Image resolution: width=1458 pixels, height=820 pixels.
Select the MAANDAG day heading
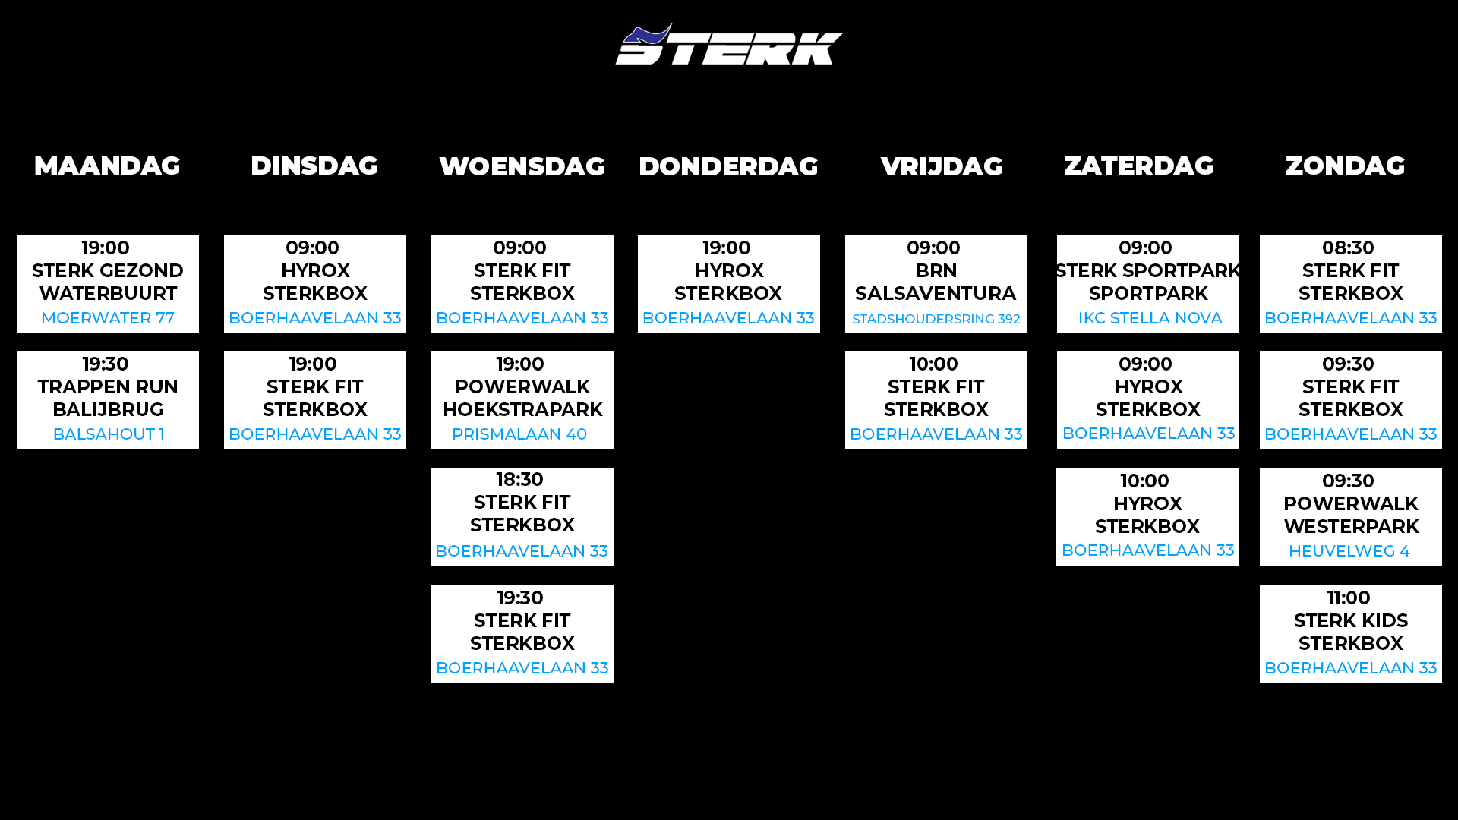(107, 166)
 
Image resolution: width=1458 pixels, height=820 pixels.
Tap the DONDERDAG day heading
(728, 166)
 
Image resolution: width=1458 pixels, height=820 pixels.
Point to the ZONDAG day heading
(1345, 166)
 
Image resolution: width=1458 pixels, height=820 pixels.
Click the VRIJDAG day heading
(942, 166)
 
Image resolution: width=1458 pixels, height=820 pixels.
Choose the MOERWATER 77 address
(108, 318)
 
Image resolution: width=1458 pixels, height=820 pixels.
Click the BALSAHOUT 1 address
(109, 434)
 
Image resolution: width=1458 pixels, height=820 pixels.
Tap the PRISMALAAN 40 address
(519, 434)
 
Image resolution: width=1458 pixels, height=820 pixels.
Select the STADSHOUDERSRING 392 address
(936, 319)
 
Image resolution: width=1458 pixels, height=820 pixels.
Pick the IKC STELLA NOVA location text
(1150, 318)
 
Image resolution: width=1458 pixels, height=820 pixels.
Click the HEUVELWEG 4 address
(1349, 551)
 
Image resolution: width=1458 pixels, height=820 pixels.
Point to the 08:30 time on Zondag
(1348, 248)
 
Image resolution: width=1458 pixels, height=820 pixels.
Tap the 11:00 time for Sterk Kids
(1349, 598)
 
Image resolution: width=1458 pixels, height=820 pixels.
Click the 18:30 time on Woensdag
(520, 480)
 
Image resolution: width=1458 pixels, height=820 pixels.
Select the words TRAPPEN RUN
(108, 386)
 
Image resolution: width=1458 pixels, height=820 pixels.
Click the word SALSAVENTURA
(936, 293)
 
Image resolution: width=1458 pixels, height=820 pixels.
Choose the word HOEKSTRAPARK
(522, 409)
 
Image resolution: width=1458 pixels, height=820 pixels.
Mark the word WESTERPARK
(1351, 526)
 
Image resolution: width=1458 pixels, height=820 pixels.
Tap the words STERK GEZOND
(108, 270)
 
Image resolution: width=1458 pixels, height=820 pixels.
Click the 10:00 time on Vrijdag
(934, 364)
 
